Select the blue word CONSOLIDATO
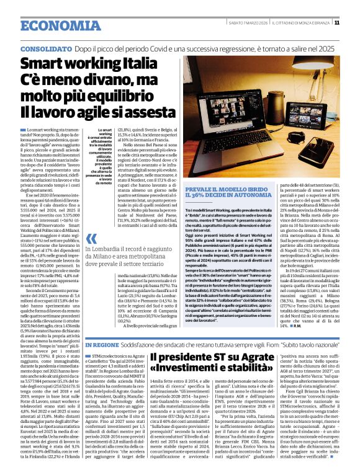tap(46, 48)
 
